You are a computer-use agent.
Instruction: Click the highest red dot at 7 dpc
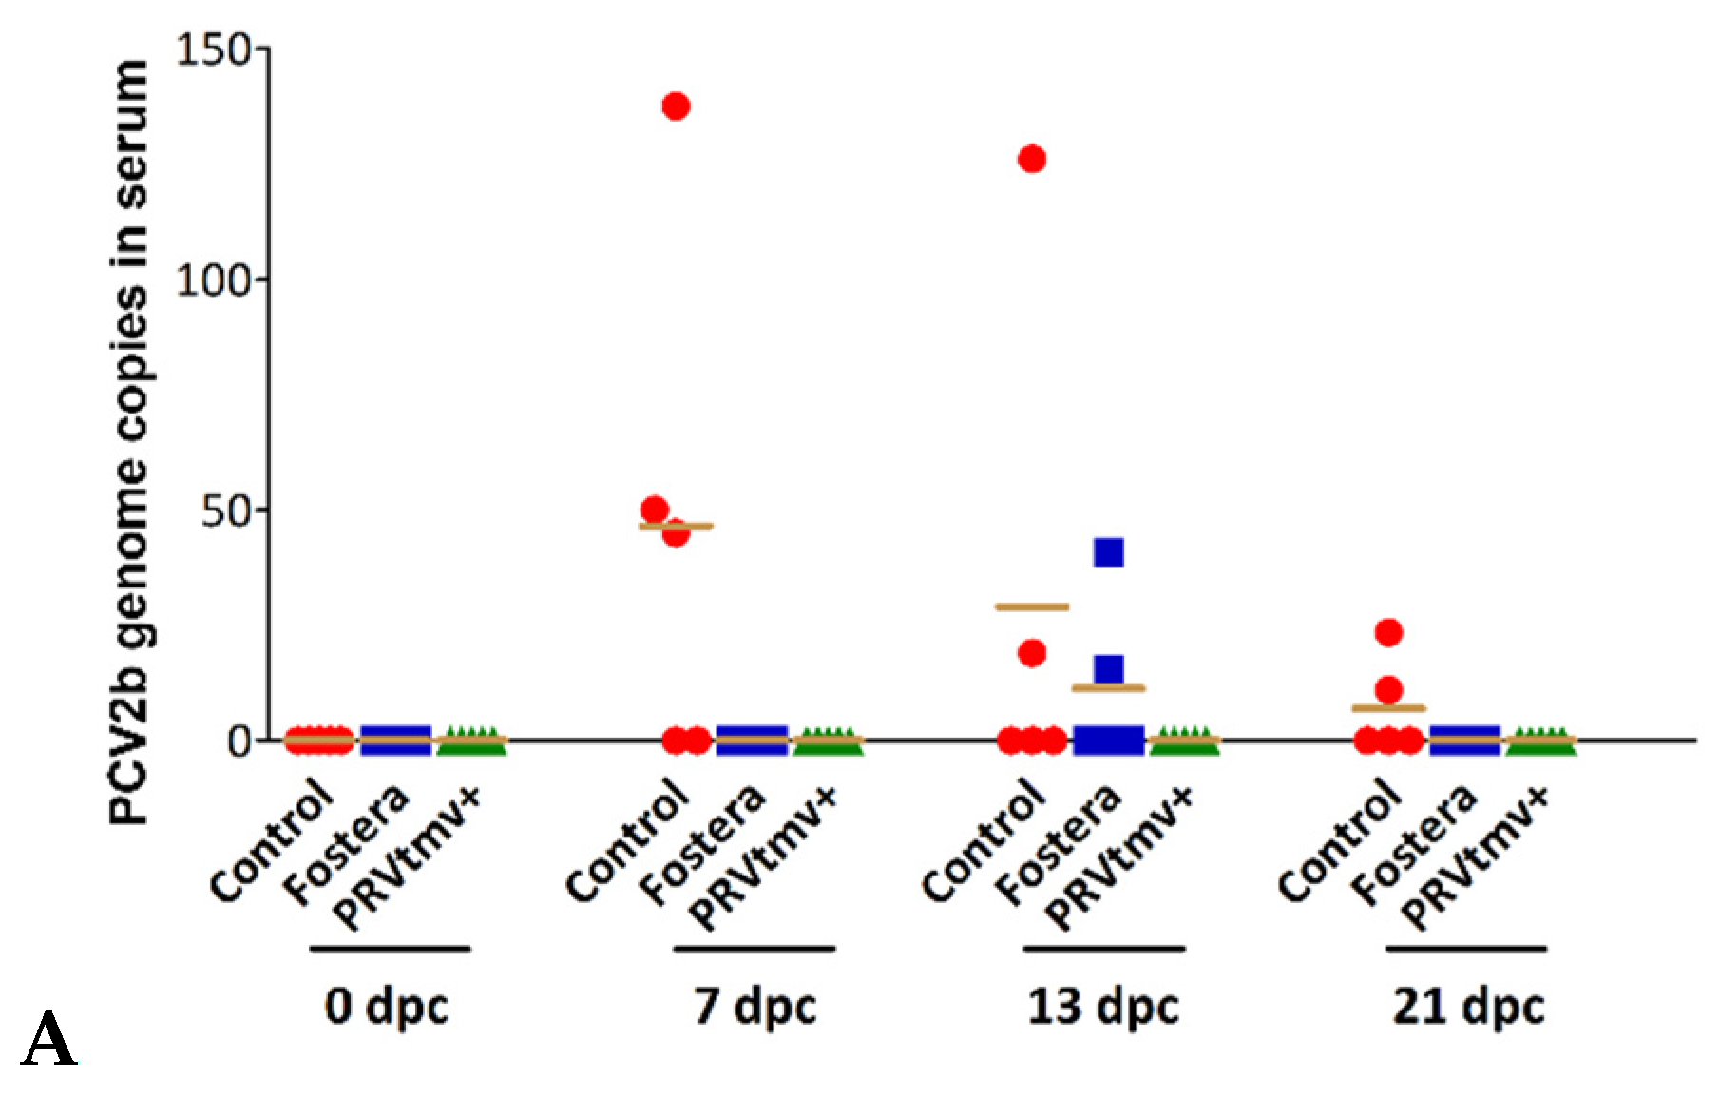pos(676,106)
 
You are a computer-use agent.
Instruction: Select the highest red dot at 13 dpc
pos(1032,159)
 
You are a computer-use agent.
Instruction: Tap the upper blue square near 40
pos(1109,552)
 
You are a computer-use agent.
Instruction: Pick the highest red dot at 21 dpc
pos(1388,632)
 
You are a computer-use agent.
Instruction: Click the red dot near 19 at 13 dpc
pos(1032,653)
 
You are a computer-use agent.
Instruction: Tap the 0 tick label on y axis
pos(239,741)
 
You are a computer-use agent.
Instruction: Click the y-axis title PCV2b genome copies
pos(130,442)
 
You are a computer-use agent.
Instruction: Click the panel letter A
pos(49,1041)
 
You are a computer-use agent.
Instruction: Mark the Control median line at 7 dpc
pos(676,526)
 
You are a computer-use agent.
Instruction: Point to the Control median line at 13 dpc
pos(1032,606)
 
